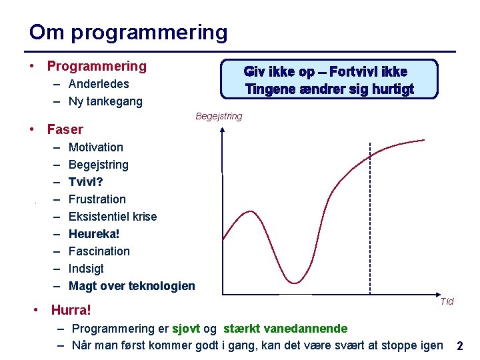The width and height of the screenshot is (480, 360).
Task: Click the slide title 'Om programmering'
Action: (128, 32)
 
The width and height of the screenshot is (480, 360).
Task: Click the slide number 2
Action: (460, 346)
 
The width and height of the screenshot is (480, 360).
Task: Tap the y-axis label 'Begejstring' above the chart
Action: (219, 117)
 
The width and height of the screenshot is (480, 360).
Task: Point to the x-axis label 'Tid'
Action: (447, 301)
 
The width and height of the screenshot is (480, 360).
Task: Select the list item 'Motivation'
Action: (96, 147)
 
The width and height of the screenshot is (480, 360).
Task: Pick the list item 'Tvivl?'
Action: (86, 182)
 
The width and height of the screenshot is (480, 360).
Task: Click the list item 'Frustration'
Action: (97, 199)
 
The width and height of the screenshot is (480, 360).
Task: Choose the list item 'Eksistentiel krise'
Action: (113, 217)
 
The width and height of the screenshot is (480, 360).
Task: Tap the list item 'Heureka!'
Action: (94, 234)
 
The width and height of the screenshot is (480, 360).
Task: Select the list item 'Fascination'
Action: (99, 251)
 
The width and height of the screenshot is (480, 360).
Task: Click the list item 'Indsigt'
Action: (87, 269)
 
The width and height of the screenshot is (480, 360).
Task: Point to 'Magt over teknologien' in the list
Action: (132, 286)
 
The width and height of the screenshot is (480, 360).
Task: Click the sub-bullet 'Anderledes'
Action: (99, 84)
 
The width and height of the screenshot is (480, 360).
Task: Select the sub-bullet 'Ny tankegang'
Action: (105, 101)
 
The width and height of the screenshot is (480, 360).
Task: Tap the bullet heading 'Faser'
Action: (65, 129)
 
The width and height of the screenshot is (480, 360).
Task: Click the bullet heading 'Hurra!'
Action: (71, 310)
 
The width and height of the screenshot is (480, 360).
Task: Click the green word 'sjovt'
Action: (186, 328)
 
